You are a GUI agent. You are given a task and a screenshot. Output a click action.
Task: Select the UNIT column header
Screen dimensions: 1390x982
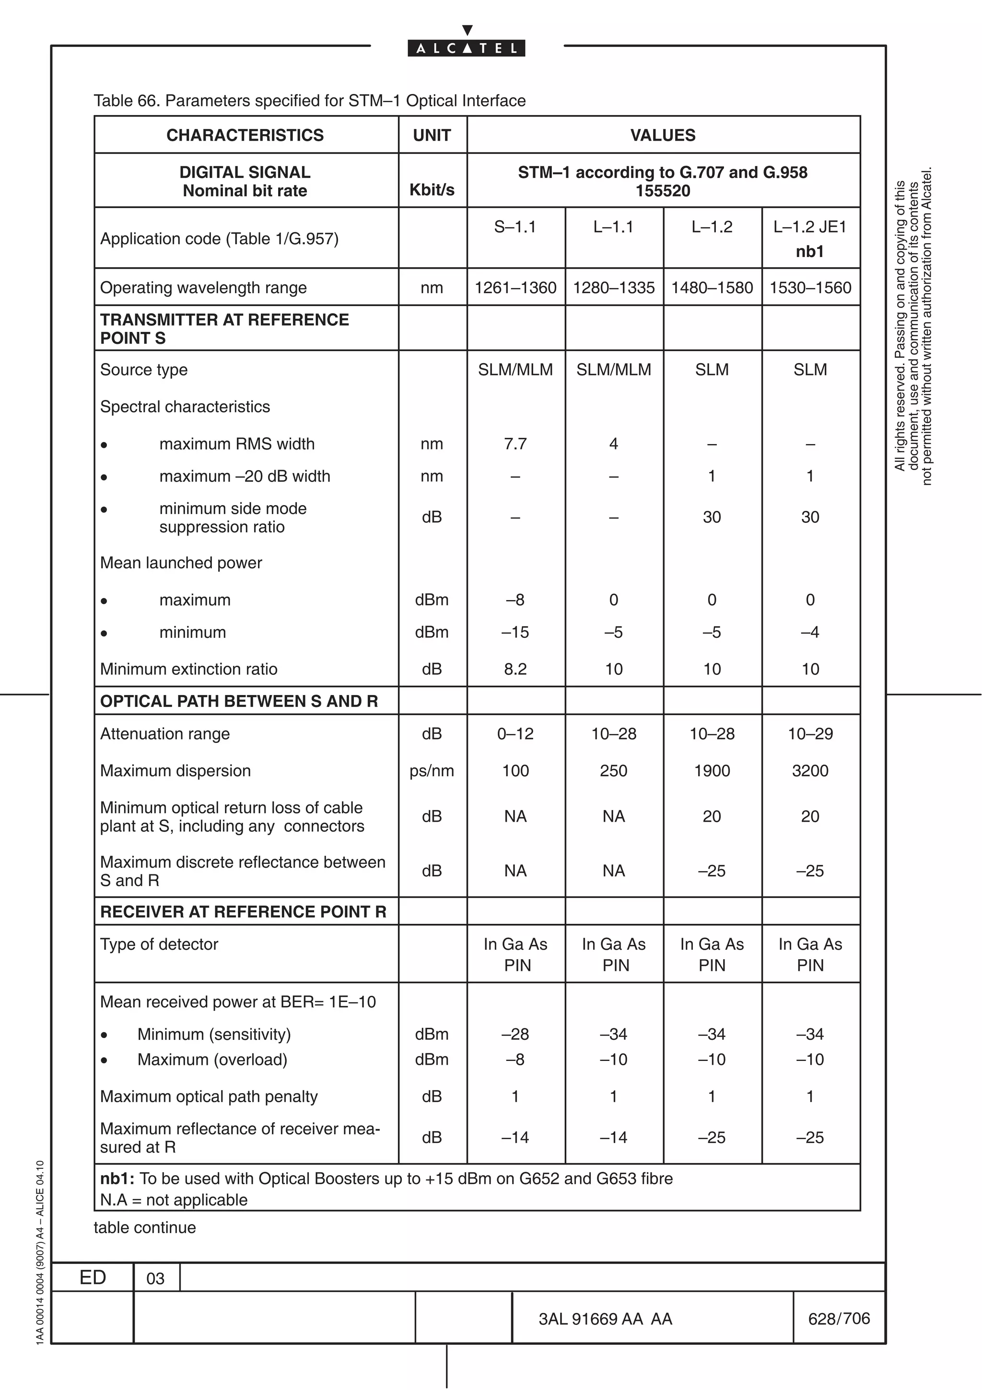[x=432, y=135]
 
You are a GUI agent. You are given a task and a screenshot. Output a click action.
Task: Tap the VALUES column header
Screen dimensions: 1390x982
[x=663, y=135]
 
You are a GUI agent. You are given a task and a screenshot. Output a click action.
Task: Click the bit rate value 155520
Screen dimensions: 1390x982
[x=663, y=191]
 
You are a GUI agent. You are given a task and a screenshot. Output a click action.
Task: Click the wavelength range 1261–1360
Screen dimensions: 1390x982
[x=515, y=288]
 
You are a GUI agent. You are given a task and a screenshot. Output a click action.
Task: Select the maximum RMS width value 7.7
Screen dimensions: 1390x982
[x=515, y=444]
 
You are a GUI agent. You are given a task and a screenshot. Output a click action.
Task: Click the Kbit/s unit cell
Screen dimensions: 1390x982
[x=432, y=189]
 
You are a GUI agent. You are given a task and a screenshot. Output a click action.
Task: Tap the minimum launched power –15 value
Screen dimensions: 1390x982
[x=515, y=632]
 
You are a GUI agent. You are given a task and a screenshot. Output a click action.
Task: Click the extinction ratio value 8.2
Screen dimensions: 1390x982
[x=515, y=669]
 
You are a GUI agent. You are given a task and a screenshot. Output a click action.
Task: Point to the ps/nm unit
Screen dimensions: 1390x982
[x=432, y=771]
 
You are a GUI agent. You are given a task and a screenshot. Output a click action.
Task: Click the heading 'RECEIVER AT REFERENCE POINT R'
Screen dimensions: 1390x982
[x=243, y=912]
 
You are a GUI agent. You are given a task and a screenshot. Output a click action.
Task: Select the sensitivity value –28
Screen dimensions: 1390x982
[x=515, y=1034]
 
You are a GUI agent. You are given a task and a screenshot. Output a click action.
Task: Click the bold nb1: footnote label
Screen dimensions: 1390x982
[x=118, y=1178]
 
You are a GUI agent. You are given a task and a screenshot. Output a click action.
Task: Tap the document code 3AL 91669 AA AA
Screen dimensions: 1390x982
[x=605, y=1319]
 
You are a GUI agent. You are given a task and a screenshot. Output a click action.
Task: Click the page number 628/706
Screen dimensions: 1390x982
[x=839, y=1319]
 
